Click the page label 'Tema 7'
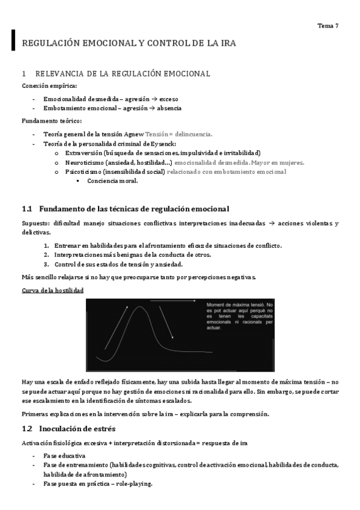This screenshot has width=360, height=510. click(x=328, y=26)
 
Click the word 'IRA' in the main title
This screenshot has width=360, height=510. click(x=227, y=44)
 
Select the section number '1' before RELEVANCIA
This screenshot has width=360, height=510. click(x=23, y=74)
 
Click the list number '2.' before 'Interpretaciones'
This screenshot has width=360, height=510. click(x=46, y=254)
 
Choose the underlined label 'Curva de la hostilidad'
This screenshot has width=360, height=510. click(x=52, y=290)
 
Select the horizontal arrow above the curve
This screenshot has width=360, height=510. click(x=172, y=300)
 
